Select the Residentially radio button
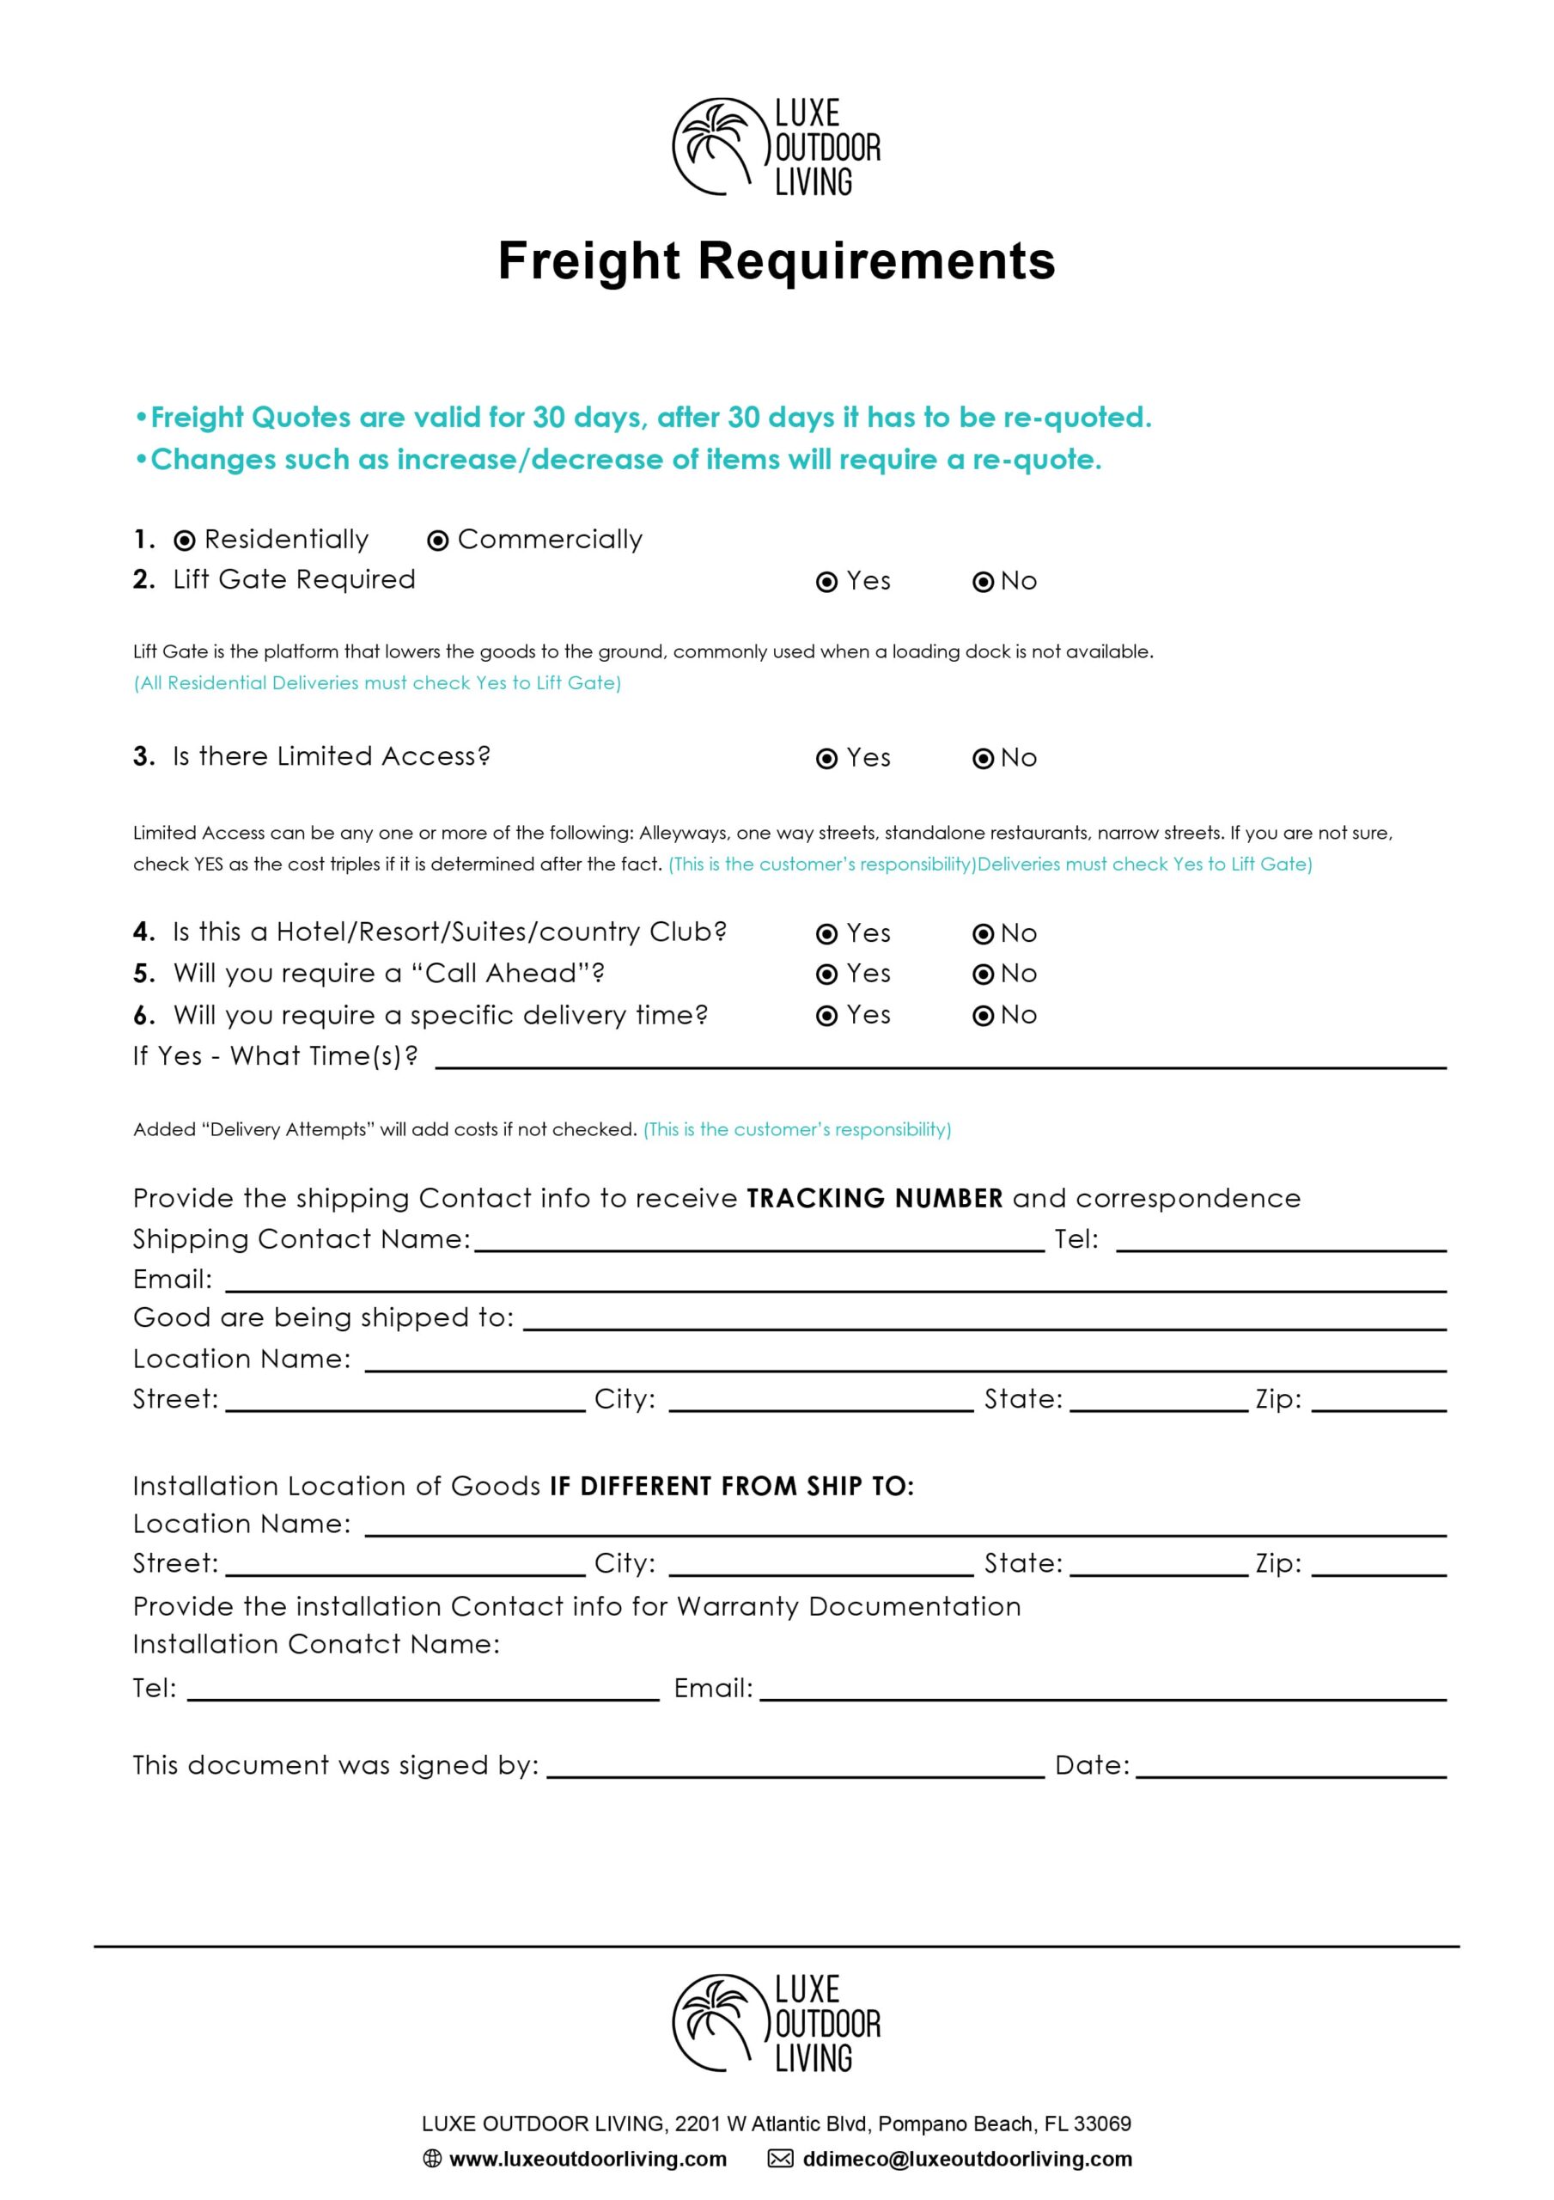[184, 541]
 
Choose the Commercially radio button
[438, 541]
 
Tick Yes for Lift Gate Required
[826, 583]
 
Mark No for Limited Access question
[983, 759]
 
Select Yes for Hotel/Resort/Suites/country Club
[826, 934]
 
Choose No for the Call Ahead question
[983, 975]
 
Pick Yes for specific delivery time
[826, 1017]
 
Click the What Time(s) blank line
[939, 1059]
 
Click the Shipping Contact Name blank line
[759, 1243]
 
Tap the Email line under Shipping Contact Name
[833, 1283]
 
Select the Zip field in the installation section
[1378, 1567]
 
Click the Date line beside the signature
[1289, 1769]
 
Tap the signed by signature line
[795, 1769]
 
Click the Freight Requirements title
[776, 260]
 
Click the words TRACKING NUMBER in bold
[874, 1199]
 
